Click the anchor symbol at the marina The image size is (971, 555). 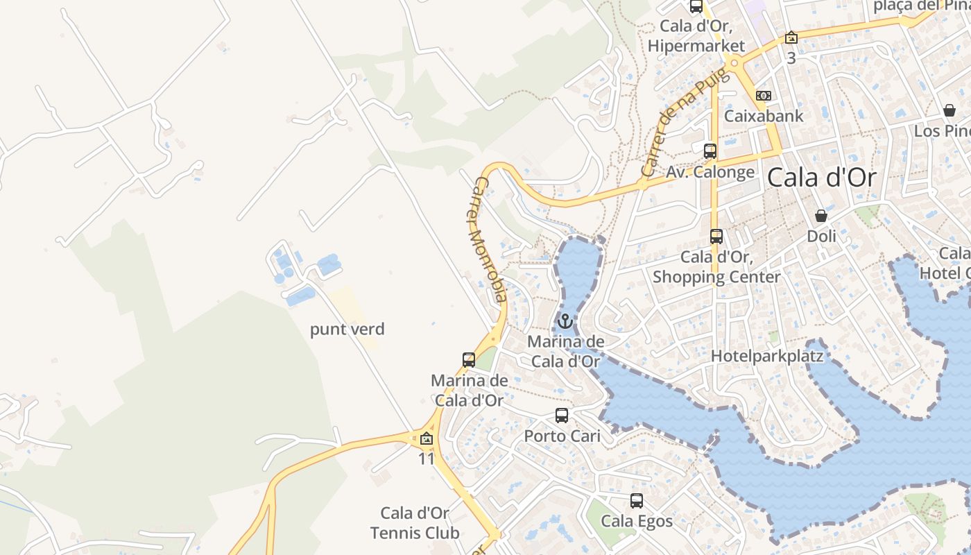(x=565, y=321)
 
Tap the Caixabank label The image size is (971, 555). (x=764, y=116)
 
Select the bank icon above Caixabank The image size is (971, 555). (x=764, y=95)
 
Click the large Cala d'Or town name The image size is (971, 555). (x=821, y=178)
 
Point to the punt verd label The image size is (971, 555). (x=347, y=329)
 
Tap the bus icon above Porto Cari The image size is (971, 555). (x=562, y=416)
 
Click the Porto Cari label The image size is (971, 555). (x=562, y=436)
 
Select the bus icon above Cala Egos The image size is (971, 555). (x=637, y=500)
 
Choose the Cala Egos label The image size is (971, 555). (x=637, y=521)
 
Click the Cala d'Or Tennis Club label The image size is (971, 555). (x=415, y=523)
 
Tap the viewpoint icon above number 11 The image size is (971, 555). (x=427, y=438)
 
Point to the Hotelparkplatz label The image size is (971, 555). (x=767, y=357)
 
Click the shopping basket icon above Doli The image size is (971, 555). (x=821, y=216)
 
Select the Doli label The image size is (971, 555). (x=821, y=237)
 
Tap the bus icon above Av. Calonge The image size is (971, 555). (x=710, y=151)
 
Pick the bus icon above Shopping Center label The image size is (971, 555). (x=716, y=237)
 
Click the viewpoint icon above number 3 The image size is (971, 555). (x=791, y=37)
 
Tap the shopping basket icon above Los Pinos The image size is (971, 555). (x=949, y=110)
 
